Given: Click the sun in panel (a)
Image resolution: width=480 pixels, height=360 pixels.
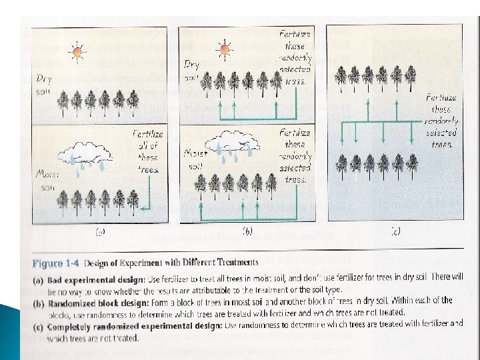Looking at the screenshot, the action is pyautogui.click(x=77, y=51).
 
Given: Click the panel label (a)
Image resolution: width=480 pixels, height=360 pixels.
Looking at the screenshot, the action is pyautogui.click(x=100, y=232).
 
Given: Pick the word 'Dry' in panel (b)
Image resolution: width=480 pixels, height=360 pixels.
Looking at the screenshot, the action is pyautogui.click(x=192, y=64).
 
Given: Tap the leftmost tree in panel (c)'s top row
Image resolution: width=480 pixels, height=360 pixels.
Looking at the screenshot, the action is pyautogui.click(x=341, y=79).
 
